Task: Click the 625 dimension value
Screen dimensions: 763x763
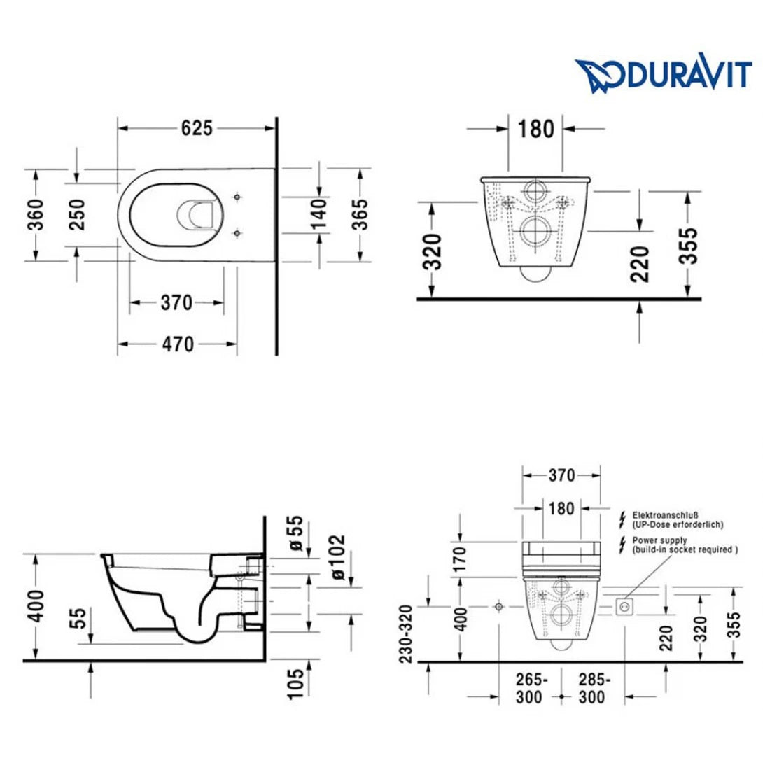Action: [x=197, y=128]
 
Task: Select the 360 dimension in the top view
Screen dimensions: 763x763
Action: [x=36, y=214]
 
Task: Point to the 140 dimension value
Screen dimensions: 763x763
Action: [x=318, y=214]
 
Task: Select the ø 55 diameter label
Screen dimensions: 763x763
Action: [x=296, y=535]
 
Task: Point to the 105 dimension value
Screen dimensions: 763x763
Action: [x=296, y=682]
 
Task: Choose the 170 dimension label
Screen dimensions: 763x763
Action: [x=461, y=559]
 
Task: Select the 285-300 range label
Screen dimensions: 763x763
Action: [x=594, y=689]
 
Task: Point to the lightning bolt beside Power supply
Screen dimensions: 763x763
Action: [x=622, y=545]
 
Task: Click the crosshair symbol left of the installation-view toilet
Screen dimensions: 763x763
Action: [x=499, y=605]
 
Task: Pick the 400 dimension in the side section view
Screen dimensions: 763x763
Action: [x=36, y=605]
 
